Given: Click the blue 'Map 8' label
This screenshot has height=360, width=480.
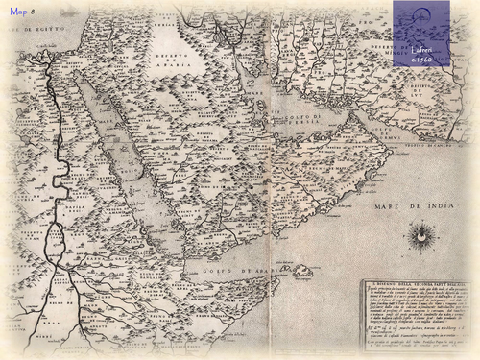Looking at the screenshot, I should click(22, 12).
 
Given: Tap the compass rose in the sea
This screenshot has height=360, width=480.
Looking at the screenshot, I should click(420, 233).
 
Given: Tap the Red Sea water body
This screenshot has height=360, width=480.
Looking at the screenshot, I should click(125, 154).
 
